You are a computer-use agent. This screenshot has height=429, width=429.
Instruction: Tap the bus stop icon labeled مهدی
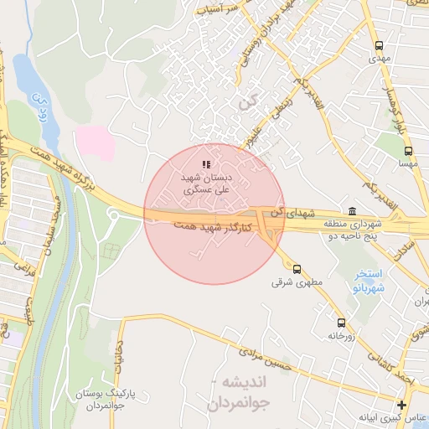(x=379, y=46)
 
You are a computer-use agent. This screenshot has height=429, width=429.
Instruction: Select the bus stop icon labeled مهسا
(x=408, y=152)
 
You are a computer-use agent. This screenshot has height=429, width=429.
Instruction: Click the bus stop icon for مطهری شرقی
(x=297, y=269)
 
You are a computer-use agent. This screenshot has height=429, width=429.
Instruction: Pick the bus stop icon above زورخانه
(x=341, y=323)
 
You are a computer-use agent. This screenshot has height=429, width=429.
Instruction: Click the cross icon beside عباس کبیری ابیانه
(x=401, y=406)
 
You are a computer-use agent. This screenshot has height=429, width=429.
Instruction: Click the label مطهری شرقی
(x=291, y=283)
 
